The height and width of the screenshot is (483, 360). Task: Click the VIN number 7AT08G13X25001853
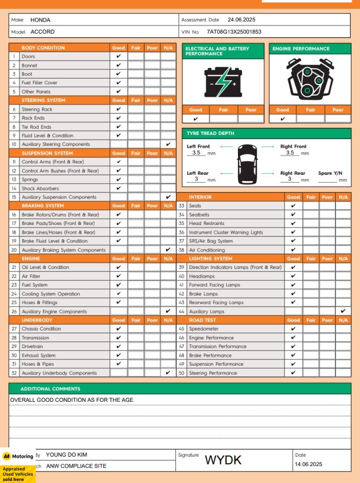[x=234, y=32]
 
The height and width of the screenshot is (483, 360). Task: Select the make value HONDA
[x=40, y=20]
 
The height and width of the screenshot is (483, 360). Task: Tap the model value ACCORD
[x=42, y=32]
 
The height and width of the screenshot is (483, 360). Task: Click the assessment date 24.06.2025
[x=242, y=20]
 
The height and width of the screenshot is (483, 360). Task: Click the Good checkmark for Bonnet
[x=118, y=65]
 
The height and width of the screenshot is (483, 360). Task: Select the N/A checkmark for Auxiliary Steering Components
[x=168, y=144]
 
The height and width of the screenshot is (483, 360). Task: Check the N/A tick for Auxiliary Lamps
[x=343, y=311]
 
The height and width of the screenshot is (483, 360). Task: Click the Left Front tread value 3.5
[x=197, y=153]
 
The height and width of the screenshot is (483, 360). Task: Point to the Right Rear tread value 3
[x=290, y=179]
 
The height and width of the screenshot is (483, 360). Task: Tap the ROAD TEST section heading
[x=203, y=320]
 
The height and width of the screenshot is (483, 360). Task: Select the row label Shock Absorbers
[x=40, y=189]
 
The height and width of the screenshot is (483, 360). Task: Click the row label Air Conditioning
[x=207, y=250]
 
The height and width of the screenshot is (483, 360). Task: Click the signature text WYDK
[x=223, y=460]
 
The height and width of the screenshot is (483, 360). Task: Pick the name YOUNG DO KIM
[x=67, y=455]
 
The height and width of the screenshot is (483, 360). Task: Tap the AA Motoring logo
[x=18, y=456]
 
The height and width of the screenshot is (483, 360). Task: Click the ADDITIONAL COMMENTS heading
[x=50, y=389]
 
